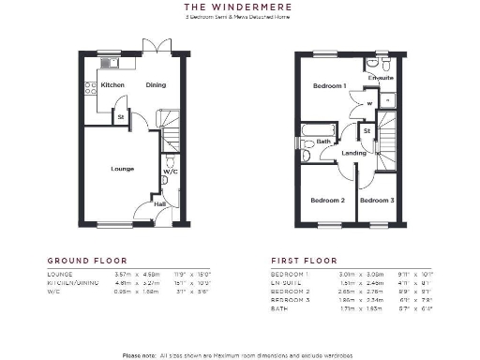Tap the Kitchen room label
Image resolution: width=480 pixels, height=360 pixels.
click(x=112, y=85)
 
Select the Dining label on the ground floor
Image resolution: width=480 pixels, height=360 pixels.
click(x=156, y=85)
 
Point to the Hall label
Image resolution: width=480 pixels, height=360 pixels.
click(x=159, y=202)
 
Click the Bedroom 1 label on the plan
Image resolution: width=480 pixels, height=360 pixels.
click(x=329, y=86)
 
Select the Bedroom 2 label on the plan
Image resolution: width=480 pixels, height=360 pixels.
click(x=327, y=201)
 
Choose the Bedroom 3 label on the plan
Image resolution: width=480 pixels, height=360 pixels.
click(x=377, y=201)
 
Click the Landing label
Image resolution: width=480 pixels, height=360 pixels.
click(x=354, y=153)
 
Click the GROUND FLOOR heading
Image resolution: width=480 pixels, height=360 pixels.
click(x=86, y=260)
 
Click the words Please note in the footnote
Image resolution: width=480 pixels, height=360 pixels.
click(x=140, y=354)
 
